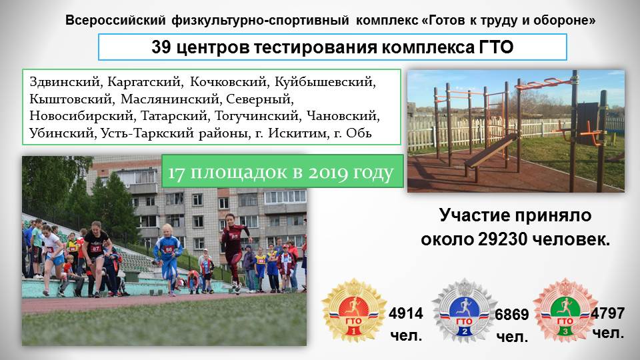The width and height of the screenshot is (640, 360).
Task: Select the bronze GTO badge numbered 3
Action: pos(565,310)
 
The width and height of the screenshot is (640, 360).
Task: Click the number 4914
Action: pos(406,313)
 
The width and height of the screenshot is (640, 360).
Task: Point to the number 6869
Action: pos(512,315)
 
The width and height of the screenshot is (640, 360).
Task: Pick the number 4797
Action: pos(608,313)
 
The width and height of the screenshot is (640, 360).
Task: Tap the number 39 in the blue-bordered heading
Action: pos(161,47)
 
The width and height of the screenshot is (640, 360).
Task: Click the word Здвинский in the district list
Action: pos(65,82)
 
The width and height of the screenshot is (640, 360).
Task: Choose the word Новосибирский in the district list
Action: pos(81,116)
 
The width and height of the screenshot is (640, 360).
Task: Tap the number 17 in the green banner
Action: pos(176,173)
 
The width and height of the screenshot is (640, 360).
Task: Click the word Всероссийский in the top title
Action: pos(115,21)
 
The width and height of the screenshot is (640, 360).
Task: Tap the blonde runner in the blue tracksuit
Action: pos(167,258)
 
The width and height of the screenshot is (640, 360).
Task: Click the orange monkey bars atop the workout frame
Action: pos(546,83)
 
